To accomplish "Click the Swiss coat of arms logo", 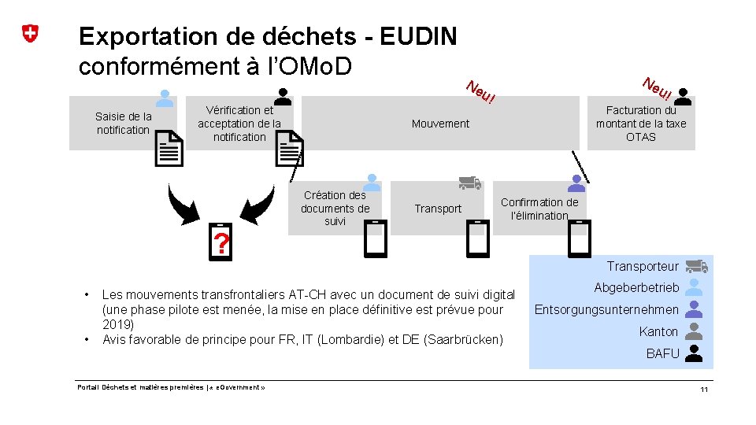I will point(30,34).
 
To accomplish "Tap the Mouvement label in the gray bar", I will point(440,124).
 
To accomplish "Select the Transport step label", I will point(438,209).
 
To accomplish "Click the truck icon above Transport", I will point(470,183).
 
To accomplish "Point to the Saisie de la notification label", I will point(123,123).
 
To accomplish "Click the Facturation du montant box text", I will point(641,124).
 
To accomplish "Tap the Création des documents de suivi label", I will point(335,208).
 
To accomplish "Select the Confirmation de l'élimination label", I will point(539,209).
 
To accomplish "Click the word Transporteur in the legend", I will point(643,266).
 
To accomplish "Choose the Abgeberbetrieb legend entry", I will point(636,287).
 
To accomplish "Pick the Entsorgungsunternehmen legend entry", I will point(606,309).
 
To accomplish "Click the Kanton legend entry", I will point(658,331).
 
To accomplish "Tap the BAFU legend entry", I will point(662,353).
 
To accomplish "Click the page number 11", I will point(704,390).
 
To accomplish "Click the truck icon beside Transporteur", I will point(695,266).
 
